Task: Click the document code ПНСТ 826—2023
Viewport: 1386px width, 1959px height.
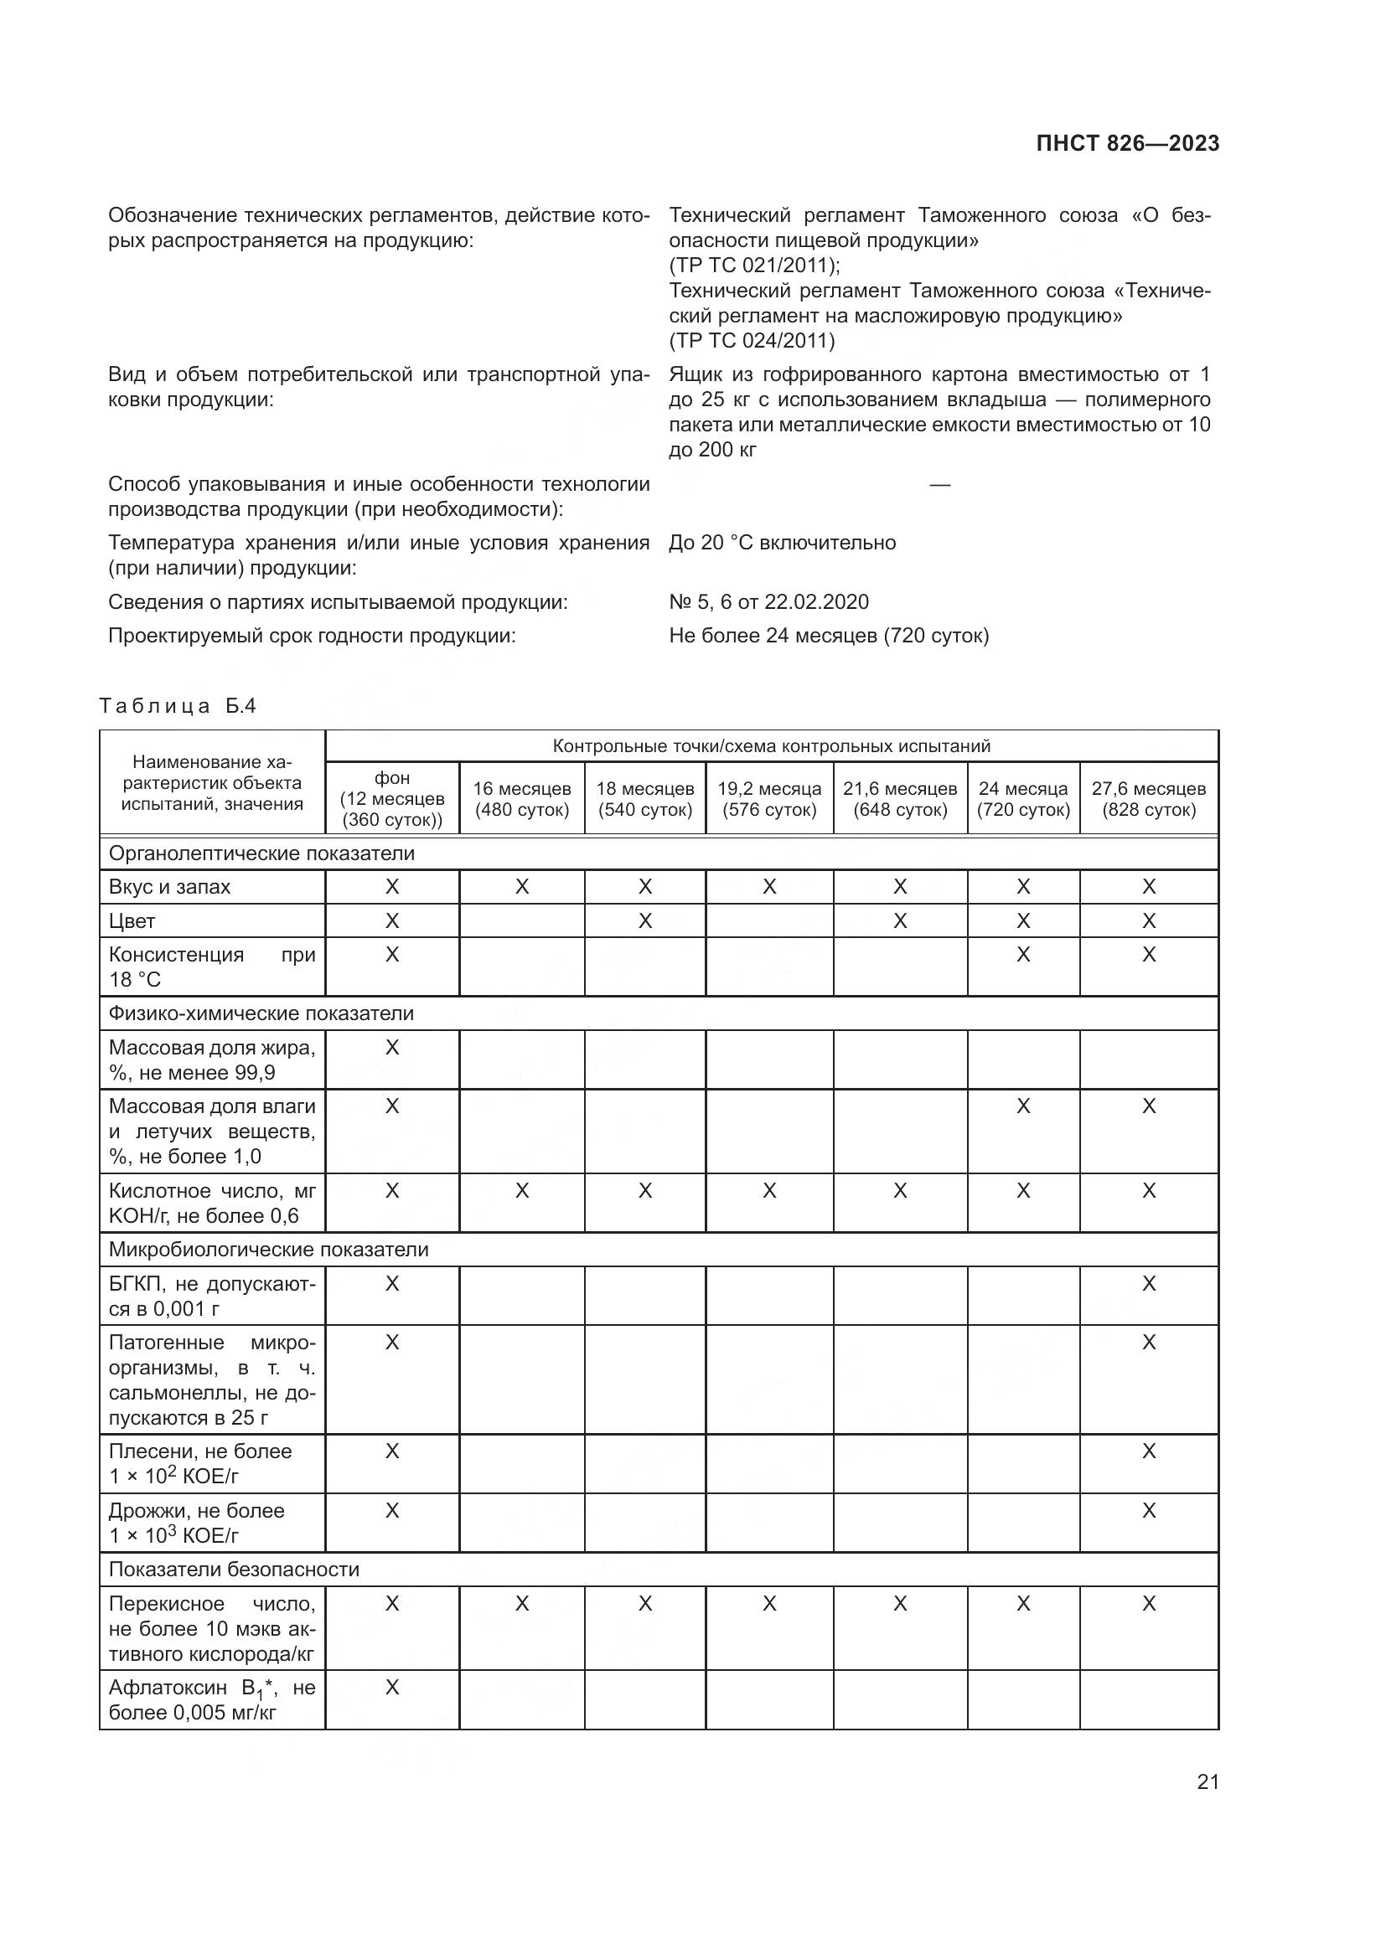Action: (x=1126, y=143)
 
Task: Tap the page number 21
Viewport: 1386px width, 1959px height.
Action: (x=1207, y=1781)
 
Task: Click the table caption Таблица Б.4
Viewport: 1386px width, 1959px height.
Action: (x=178, y=705)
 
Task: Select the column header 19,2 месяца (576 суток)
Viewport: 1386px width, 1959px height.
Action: (x=769, y=799)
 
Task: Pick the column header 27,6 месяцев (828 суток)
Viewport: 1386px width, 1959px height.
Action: (x=1148, y=799)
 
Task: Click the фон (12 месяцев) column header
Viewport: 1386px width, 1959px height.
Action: (x=391, y=799)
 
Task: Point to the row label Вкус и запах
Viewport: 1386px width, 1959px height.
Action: (x=170, y=886)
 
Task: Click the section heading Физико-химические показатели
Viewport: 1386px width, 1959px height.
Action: (x=261, y=1013)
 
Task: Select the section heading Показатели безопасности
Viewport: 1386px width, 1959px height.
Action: (x=234, y=1569)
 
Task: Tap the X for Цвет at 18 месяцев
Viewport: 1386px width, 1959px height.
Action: (x=645, y=920)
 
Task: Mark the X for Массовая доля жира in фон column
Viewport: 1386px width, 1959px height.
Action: (x=391, y=1047)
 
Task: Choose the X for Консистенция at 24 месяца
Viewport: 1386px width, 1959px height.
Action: (x=1022, y=954)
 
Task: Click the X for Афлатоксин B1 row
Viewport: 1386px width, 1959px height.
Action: (x=391, y=1687)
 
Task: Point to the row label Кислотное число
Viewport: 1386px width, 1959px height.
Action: (x=212, y=1202)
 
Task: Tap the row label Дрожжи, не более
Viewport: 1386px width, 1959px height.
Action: (x=196, y=1510)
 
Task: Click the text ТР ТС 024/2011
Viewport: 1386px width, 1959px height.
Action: (x=752, y=340)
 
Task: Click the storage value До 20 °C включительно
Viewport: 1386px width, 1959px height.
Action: (x=782, y=543)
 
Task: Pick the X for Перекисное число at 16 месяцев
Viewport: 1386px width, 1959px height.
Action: (x=521, y=1603)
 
